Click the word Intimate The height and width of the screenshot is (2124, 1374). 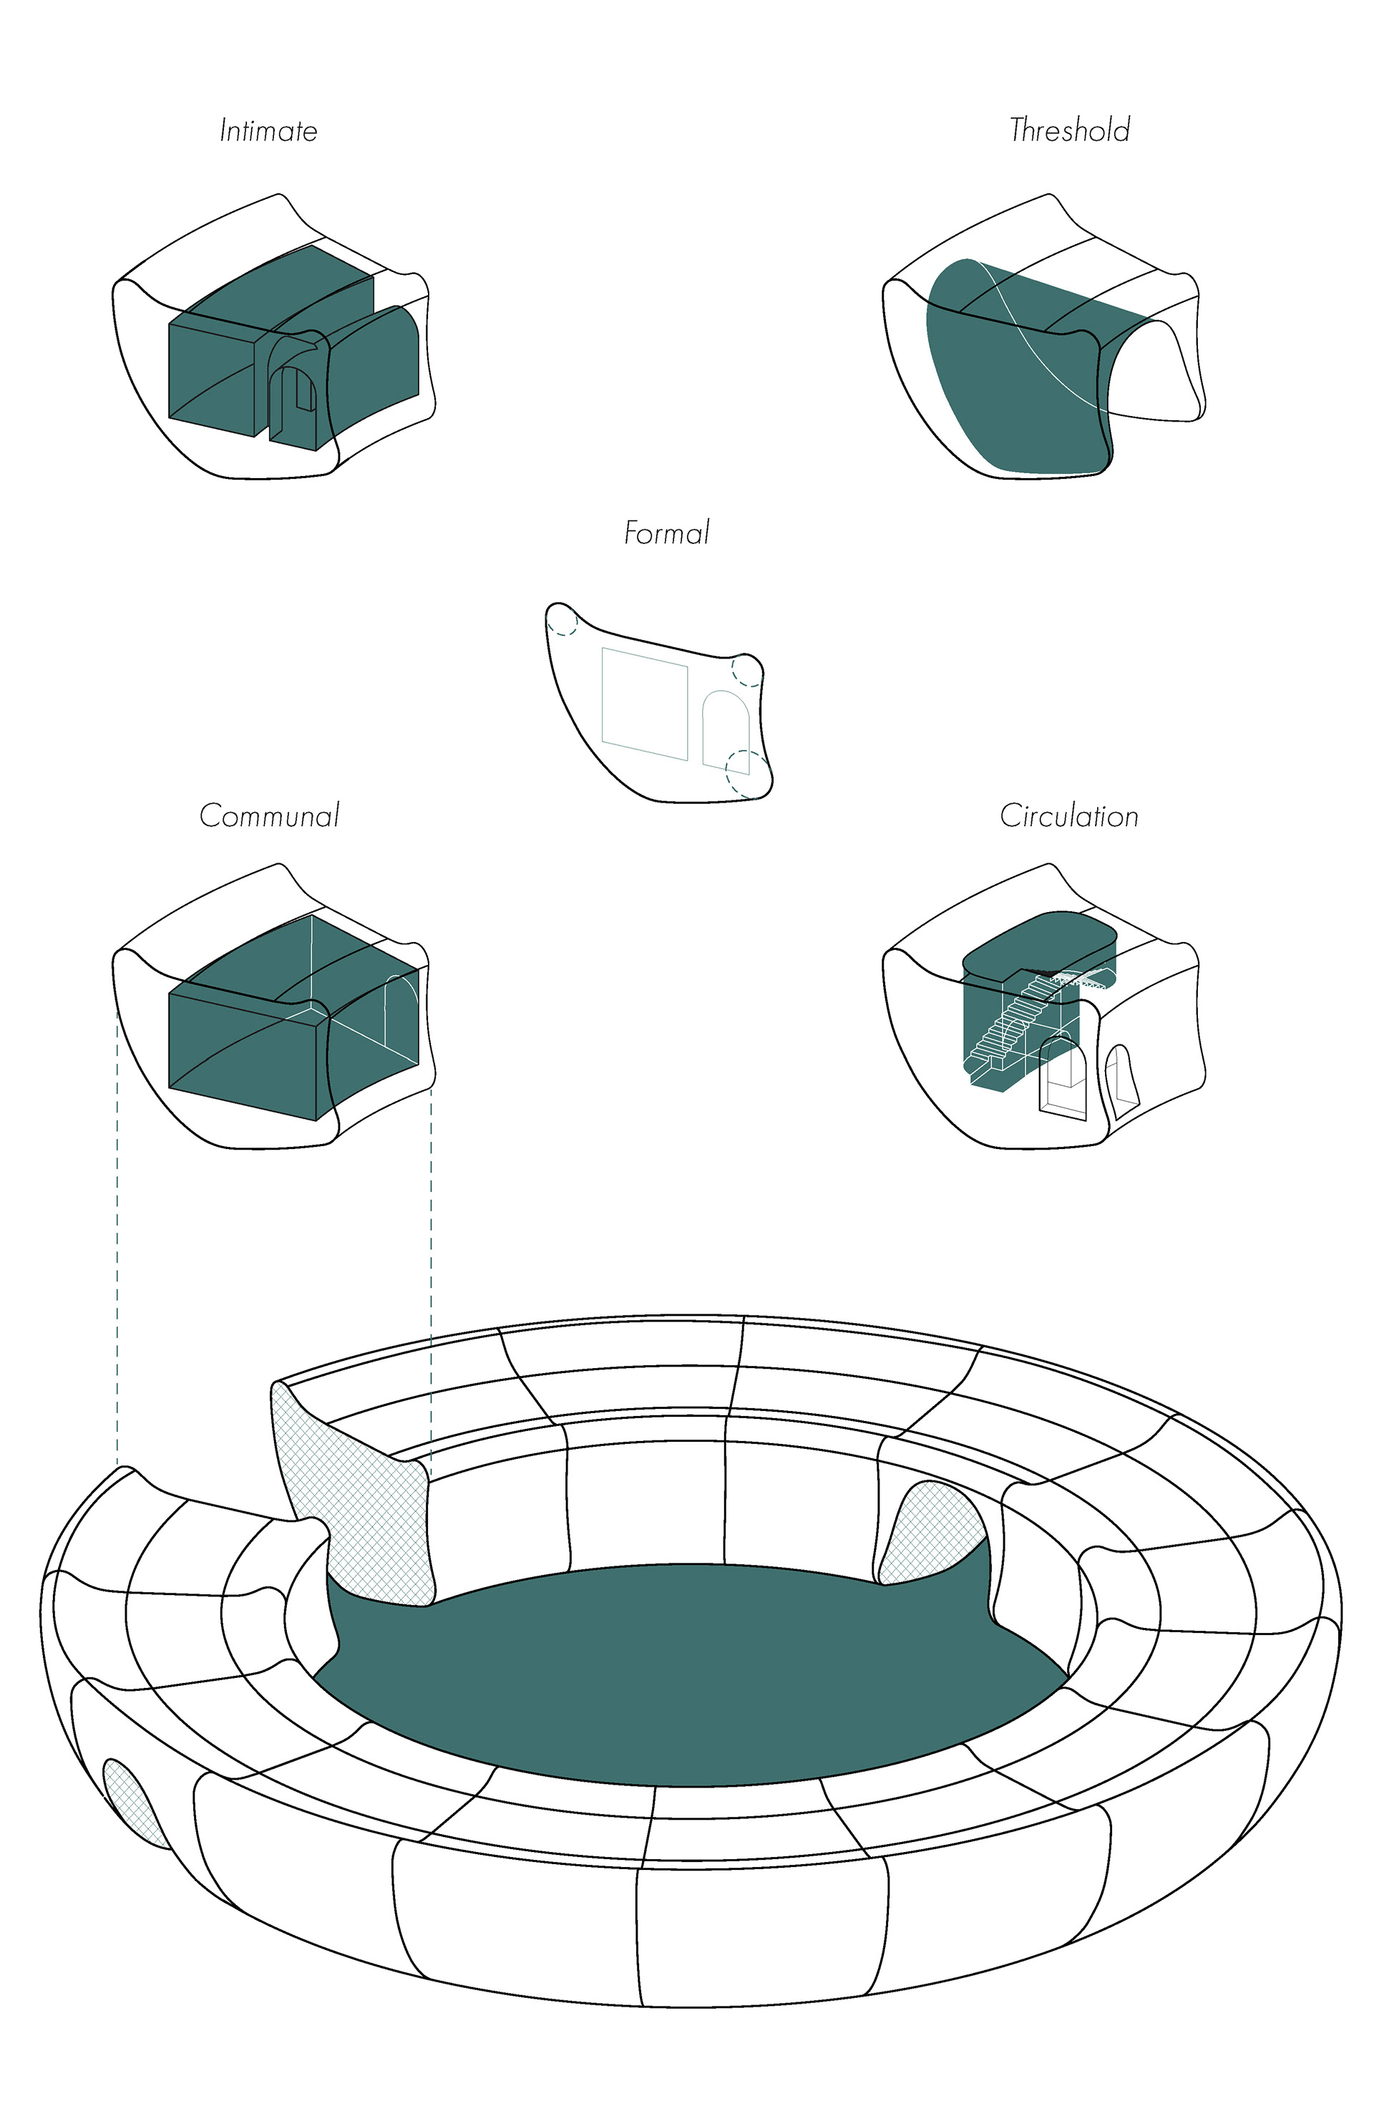268,131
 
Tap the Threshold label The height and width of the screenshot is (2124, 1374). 1069,130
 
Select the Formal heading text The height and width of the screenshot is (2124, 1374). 666,533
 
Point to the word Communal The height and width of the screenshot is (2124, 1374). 270,815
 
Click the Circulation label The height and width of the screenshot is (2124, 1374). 1069,815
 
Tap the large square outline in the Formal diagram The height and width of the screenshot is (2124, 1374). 644,704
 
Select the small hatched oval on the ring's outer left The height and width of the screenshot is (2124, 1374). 132,1798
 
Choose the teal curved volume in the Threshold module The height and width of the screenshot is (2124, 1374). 1008,375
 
